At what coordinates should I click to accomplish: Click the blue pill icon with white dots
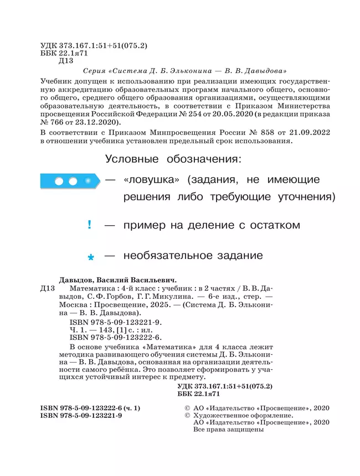70,181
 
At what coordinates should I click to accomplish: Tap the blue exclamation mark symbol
89,225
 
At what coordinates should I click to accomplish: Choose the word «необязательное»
160,256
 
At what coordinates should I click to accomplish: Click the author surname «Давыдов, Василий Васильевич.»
121,280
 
